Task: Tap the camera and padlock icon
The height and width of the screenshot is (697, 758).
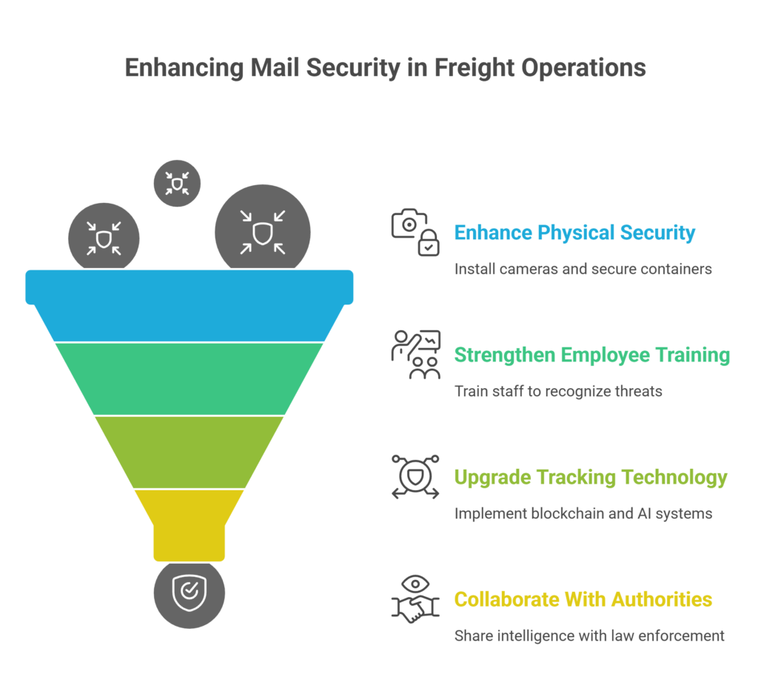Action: point(415,233)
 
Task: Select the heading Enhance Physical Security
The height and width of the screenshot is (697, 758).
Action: point(574,233)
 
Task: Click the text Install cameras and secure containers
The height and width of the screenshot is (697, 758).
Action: point(583,268)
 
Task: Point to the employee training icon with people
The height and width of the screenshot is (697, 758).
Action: point(415,355)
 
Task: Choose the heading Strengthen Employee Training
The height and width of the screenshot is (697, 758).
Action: point(591,355)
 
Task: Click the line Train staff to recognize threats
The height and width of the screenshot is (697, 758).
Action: point(558,390)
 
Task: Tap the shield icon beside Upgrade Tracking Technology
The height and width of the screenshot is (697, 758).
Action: point(415,477)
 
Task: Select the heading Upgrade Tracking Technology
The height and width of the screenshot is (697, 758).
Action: point(591,477)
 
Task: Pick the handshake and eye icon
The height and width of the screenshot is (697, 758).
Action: point(415,598)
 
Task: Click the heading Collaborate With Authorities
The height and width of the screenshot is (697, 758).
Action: point(583,598)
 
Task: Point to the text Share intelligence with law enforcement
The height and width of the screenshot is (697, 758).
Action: point(589,635)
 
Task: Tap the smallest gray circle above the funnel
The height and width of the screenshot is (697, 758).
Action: point(177,183)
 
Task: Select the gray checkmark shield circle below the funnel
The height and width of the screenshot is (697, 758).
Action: point(189,593)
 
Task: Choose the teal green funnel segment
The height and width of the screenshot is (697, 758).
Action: point(189,378)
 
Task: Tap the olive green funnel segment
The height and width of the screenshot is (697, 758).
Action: point(189,452)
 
